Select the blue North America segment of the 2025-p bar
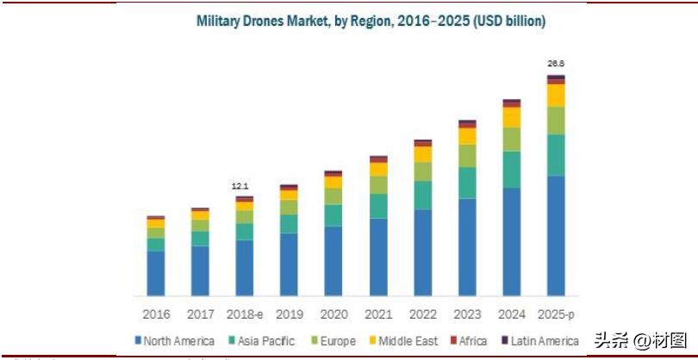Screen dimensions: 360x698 tap(557, 235)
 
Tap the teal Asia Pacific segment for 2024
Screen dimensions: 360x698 tap(512, 170)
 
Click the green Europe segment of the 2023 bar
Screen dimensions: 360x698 tap(467, 156)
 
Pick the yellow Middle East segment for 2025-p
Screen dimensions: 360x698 tap(557, 95)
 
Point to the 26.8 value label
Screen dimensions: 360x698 tap(557, 64)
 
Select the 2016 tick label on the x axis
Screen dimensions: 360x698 tap(156, 314)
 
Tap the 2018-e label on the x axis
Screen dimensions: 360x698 tap(245, 314)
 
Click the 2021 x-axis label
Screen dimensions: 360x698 tap(378, 314)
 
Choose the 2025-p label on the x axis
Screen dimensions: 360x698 tap(557, 314)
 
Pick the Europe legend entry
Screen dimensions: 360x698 tap(331, 341)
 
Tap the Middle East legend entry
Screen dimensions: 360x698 tap(405, 341)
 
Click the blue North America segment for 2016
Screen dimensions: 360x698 tap(156, 274)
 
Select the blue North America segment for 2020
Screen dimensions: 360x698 tap(333, 261)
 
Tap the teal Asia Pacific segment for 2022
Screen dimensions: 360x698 tap(423, 196)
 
